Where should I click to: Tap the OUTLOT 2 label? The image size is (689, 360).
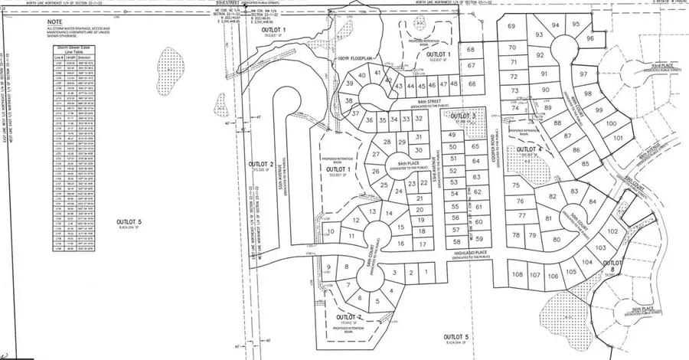pyautogui.click(x=261, y=164)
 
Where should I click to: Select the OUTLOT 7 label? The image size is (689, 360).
pyautogui.click(x=349, y=316)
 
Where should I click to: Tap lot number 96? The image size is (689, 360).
pyautogui.click(x=589, y=38)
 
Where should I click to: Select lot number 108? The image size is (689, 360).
pyautogui.click(x=517, y=274)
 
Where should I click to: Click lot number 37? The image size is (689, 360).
pyautogui.click(x=355, y=113)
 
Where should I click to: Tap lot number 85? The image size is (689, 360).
pyautogui.click(x=585, y=163)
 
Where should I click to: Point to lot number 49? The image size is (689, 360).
pyautogui.click(x=452, y=136)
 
